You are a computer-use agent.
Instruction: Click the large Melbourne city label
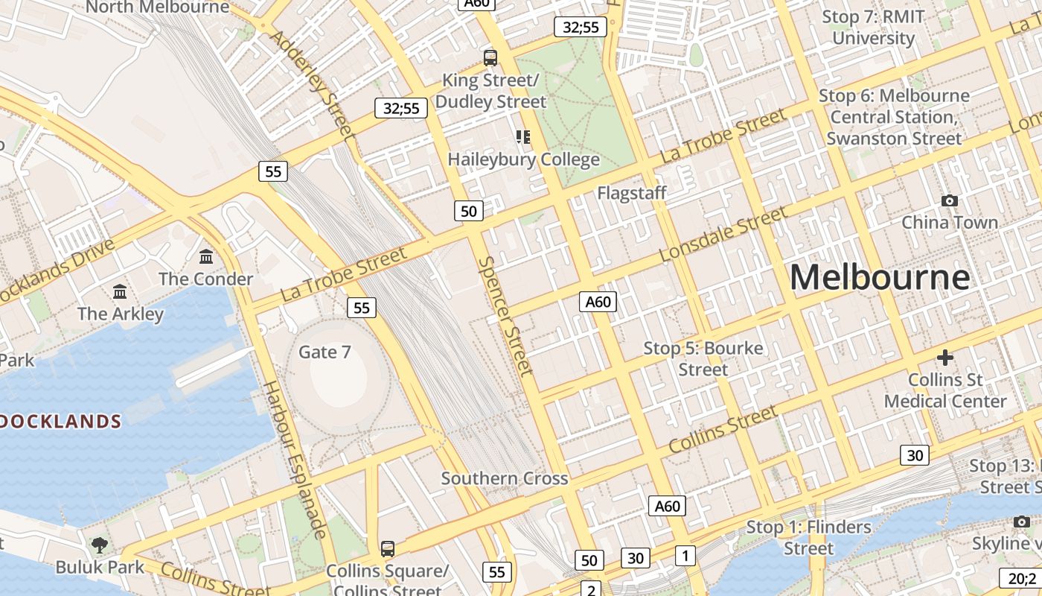click(880, 277)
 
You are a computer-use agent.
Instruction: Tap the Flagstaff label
click(632, 193)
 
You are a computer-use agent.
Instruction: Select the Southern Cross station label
click(505, 478)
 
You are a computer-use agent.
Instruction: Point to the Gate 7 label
click(325, 352)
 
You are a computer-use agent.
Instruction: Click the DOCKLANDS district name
click(60, 422)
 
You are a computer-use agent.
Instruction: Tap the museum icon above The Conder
click(206, 257)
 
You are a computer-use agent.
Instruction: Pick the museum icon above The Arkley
click(120, 291)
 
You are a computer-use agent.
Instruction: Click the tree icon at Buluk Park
click(99, 545)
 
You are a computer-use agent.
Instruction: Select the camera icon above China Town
click(949, 200)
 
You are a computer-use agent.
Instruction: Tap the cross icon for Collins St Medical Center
click(944, 358)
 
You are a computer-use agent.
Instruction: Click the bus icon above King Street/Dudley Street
click(490, 57)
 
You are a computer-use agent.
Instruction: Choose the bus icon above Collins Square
click(387, 549)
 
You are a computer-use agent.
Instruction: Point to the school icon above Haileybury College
click(523, 136)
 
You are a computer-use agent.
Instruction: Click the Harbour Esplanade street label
click(295, 459)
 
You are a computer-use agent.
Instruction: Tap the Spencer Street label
click(506, 316)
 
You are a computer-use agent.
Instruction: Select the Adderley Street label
click(312, 84)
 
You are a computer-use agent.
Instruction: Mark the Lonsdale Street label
click(723, 234)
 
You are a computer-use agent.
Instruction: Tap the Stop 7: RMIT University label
click(873, 28)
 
